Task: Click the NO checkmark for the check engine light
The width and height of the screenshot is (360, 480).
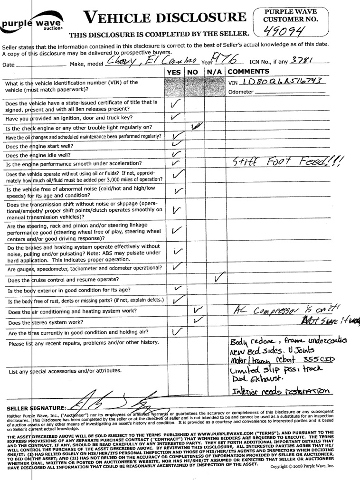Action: pos(195,126)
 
